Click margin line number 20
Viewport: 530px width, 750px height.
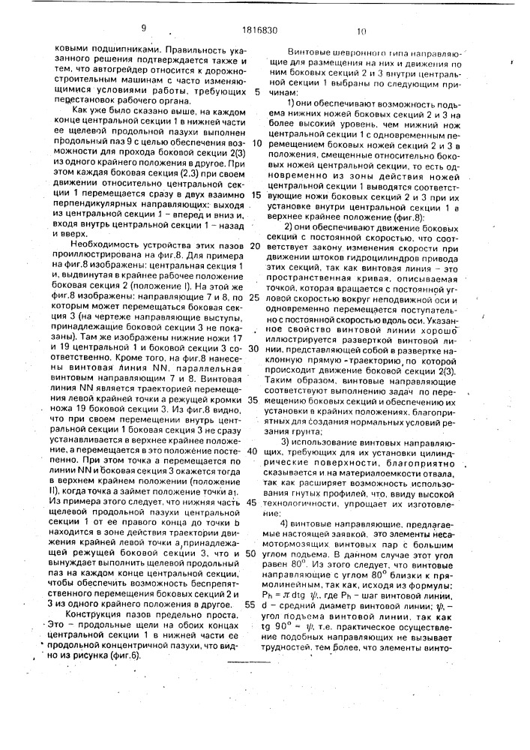coord(256,246)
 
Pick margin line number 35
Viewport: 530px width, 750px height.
coord(256,400)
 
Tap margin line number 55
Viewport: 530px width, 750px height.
coord(256,604)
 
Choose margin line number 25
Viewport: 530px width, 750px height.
coord(256,298)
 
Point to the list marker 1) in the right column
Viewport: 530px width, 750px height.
coord(293,102)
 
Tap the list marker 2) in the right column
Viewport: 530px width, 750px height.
coord(293,226)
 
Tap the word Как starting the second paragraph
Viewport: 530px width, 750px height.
coord(76,108)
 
